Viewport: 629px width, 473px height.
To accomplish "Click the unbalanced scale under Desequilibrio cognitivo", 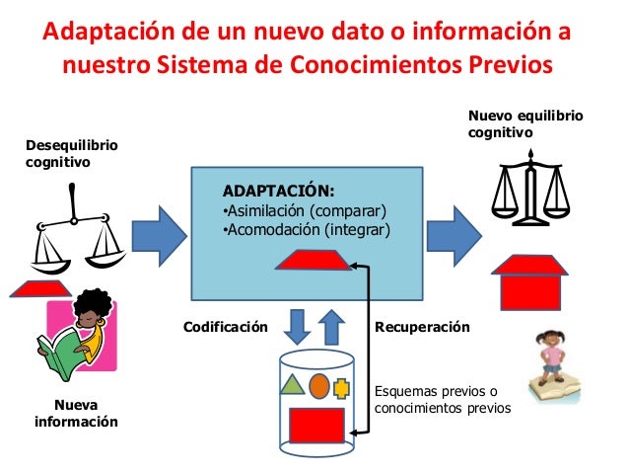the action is [77, 232].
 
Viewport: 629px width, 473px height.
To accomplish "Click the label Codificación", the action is [226, 325].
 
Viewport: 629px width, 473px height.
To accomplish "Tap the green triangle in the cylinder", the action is [292, 384].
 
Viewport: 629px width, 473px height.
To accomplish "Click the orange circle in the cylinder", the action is [318, 384].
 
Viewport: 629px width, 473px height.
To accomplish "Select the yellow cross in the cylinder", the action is [342, 386].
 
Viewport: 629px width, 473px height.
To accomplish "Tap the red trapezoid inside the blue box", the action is [315, 260].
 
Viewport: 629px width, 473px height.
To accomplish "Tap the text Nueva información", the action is [76, 414].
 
